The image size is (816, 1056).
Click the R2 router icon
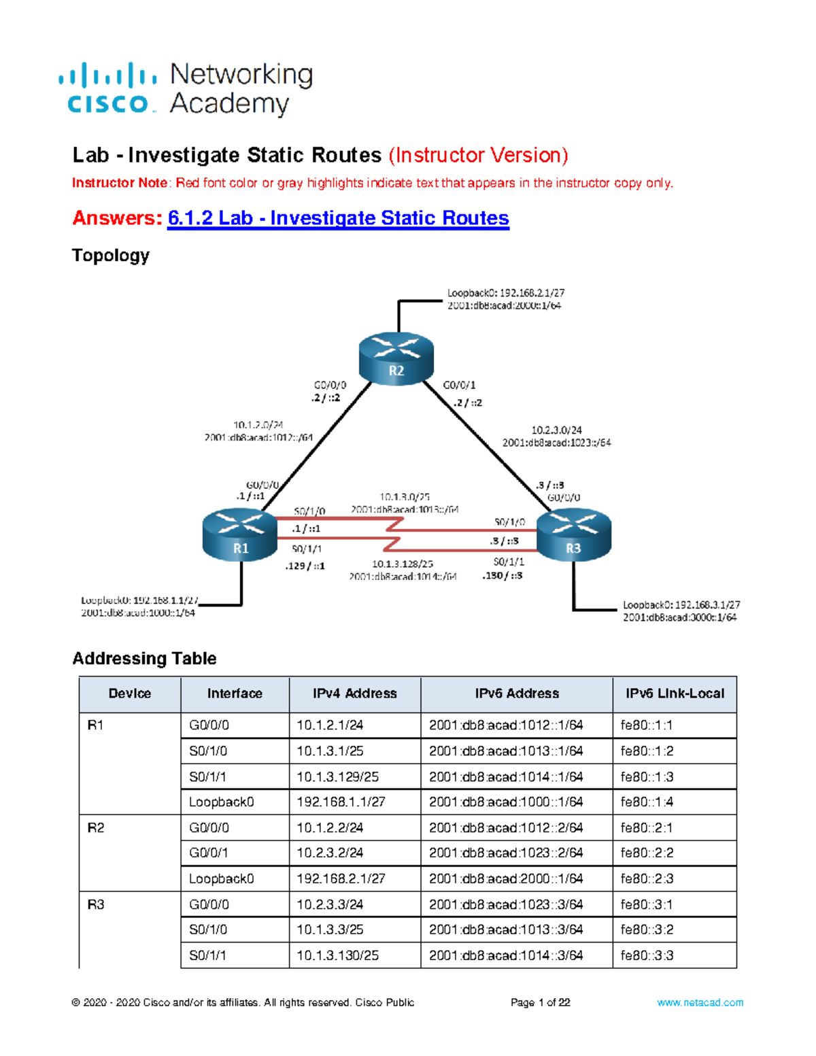396,359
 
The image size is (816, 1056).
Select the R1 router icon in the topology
240,536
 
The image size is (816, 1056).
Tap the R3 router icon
574,536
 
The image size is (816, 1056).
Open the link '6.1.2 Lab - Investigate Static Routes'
338,218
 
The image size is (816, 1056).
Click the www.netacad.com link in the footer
700,1002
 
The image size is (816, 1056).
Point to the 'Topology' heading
111,256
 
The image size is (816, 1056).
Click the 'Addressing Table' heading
144,658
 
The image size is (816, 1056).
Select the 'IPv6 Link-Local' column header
675,694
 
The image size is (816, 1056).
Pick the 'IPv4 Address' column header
354,694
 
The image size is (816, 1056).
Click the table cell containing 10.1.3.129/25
338,777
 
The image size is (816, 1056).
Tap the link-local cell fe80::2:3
647,879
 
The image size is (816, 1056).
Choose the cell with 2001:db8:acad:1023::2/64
506,853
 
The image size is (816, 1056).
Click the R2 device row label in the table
96,828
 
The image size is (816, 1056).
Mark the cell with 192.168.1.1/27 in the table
341,802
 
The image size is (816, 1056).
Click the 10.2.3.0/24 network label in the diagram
556,430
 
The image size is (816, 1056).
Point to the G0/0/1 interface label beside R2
459,385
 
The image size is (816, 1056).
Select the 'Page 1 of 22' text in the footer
540,1002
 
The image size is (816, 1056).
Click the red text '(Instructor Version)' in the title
478,156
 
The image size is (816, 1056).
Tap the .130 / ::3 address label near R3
503,575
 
